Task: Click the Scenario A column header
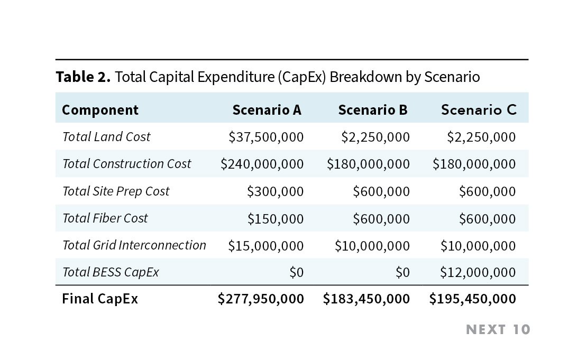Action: [x=267, y=110]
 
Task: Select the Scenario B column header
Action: [x=373, y=110]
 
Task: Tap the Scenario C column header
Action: [x=479, y=110]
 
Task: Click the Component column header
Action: [x=100, y=110]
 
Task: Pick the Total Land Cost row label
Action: [x=106, y=137]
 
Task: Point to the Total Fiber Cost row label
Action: [x=105, y=218]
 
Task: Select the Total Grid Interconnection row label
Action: [x=134, y=245]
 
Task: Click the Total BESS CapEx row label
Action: [x=111, y=272]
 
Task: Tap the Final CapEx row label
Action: [x=100, y=299]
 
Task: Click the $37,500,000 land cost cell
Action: [x=266, y=137]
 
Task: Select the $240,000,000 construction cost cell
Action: [x=262, y=164]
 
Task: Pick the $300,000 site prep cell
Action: [x=275, y=191]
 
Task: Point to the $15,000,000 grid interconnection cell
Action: [x=266, y=246]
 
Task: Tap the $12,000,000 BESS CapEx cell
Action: [x=478, y=272]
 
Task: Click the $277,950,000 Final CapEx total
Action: [x=261, y=299]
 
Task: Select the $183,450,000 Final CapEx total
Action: [x=366, y=299]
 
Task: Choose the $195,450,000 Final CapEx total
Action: [x=473, y=299]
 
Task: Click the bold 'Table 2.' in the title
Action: [x=83, y=77]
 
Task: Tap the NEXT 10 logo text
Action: [x=498, y=330]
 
